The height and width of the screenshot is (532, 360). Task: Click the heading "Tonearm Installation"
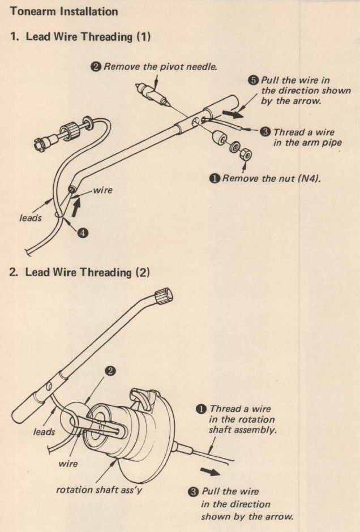65,11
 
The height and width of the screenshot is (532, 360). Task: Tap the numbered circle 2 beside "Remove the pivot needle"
96,67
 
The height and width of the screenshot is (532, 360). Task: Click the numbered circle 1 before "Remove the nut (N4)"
215,179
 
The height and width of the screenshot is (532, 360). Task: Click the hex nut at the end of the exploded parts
246,155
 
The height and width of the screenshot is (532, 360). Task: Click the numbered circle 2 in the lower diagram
111,371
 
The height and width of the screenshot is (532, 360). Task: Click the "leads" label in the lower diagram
44,432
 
